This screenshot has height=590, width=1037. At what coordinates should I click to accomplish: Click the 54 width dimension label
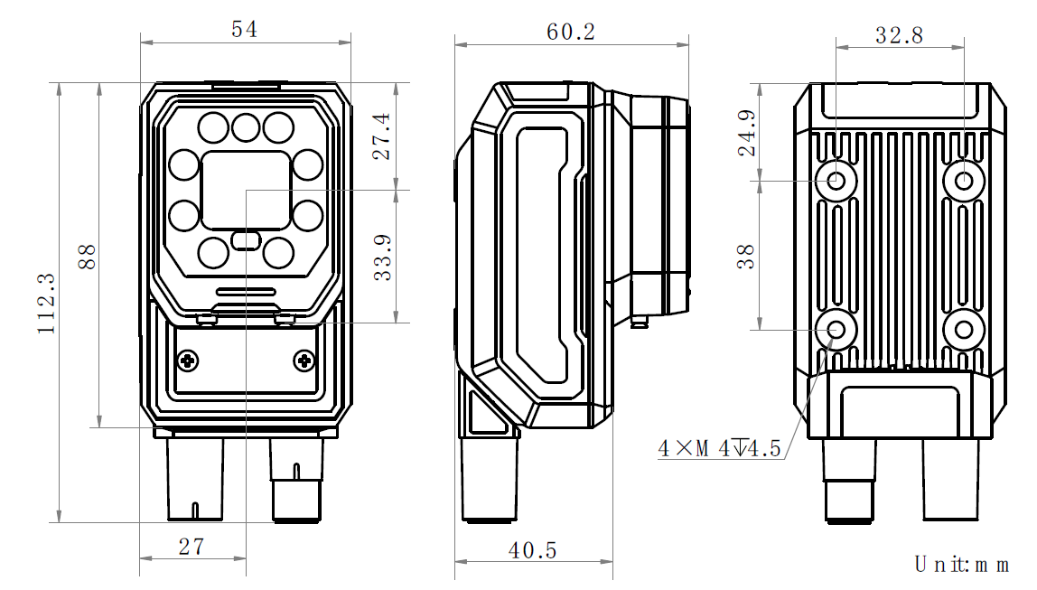point(244,29)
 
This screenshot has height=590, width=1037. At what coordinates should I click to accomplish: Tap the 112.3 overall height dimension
point(46,304)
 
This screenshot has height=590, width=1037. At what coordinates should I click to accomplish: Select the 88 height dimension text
point(87,257)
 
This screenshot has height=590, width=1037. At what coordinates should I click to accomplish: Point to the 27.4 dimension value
point(381,136)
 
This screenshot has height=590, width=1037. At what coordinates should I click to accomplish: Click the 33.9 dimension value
point(382,258)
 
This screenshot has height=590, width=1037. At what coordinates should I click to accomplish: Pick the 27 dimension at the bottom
point(192,547)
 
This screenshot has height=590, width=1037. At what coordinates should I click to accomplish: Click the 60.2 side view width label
point(571,32)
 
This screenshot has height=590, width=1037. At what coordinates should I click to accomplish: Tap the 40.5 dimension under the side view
point(532,550)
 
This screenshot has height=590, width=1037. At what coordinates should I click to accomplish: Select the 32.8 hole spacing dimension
point(900,35)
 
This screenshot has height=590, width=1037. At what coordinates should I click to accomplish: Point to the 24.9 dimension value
point(746,133)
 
